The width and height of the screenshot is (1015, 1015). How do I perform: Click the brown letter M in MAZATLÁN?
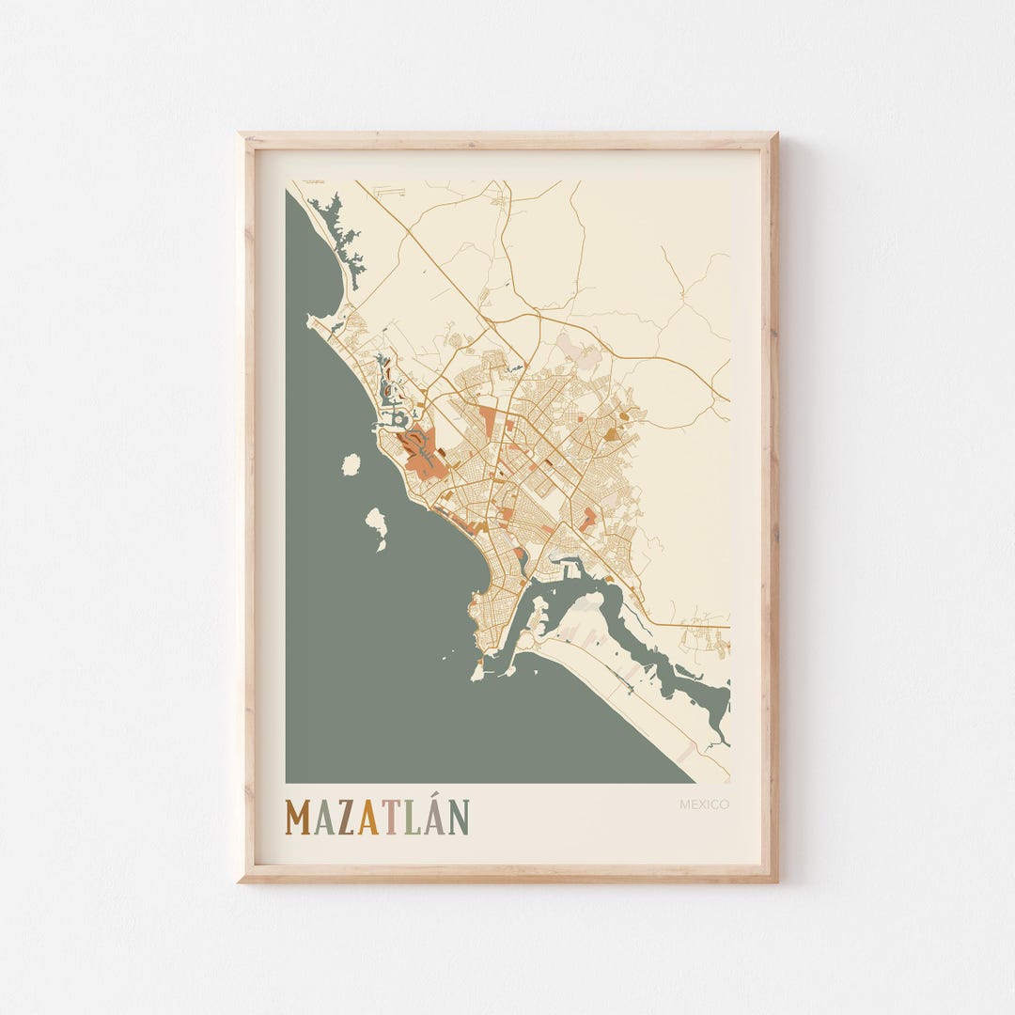pos(300,818)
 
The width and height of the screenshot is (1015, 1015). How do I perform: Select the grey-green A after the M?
pos(324,818)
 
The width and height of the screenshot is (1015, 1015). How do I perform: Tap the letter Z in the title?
pos(347,818)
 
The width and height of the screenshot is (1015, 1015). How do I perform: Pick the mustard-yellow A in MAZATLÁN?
pos(368,818)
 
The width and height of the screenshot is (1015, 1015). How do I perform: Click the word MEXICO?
pos(704,804)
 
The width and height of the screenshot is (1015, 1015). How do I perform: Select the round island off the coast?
pos(351,464)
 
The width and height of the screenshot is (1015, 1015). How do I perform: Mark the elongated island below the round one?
pos(378,526)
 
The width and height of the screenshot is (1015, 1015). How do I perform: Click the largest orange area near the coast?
pos(422,454)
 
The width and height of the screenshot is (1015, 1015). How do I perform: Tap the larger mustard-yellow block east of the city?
pos(613,434)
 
